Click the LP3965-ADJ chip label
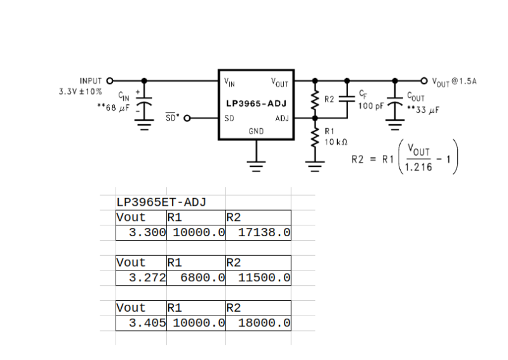click(257, 103)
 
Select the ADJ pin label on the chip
click(282, 118)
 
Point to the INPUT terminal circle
click(109, 81)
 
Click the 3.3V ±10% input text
click(80, 91)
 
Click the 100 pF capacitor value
click(371, 106)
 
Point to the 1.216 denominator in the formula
click(417, 166)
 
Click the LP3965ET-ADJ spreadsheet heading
click(161, 203)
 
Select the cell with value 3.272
click(147, 277)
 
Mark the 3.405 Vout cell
click(147, 323)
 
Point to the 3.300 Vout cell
click(147, 232)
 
